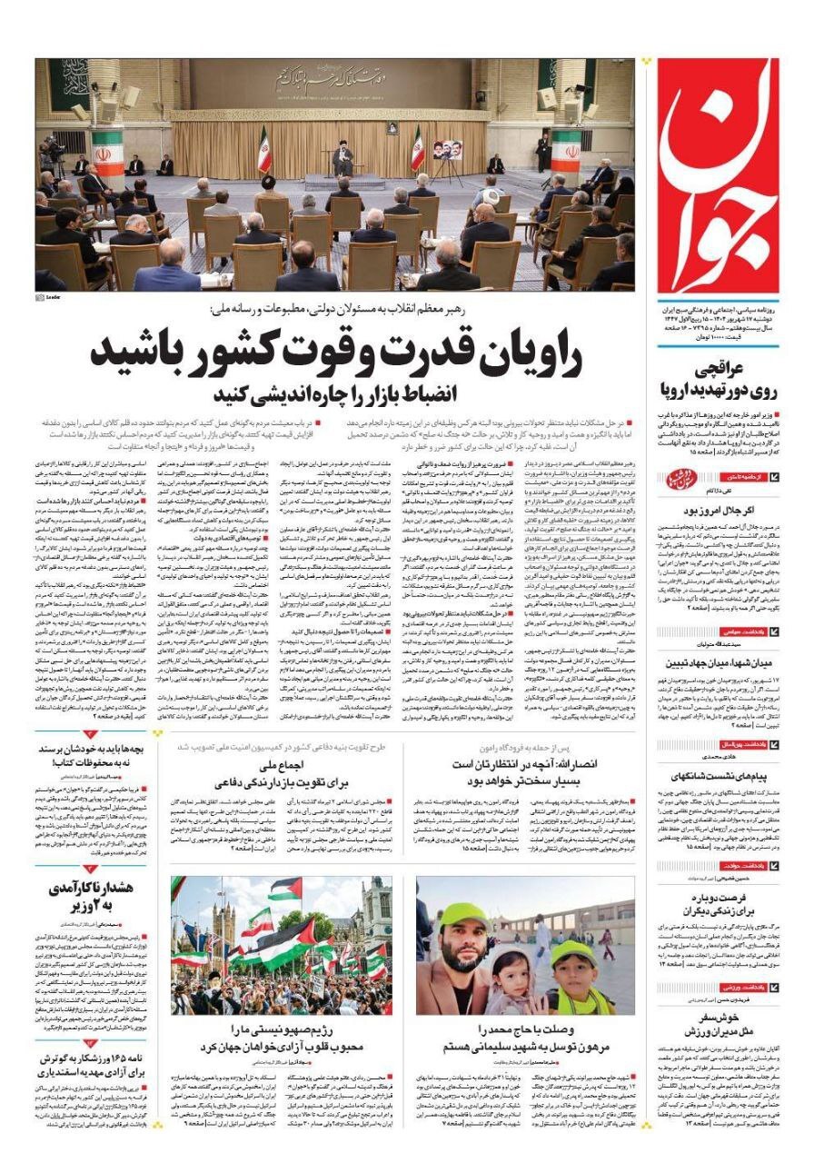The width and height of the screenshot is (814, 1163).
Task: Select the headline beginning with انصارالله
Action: point(525,772)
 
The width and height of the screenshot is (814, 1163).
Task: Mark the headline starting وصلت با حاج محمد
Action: point(525,1038)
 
